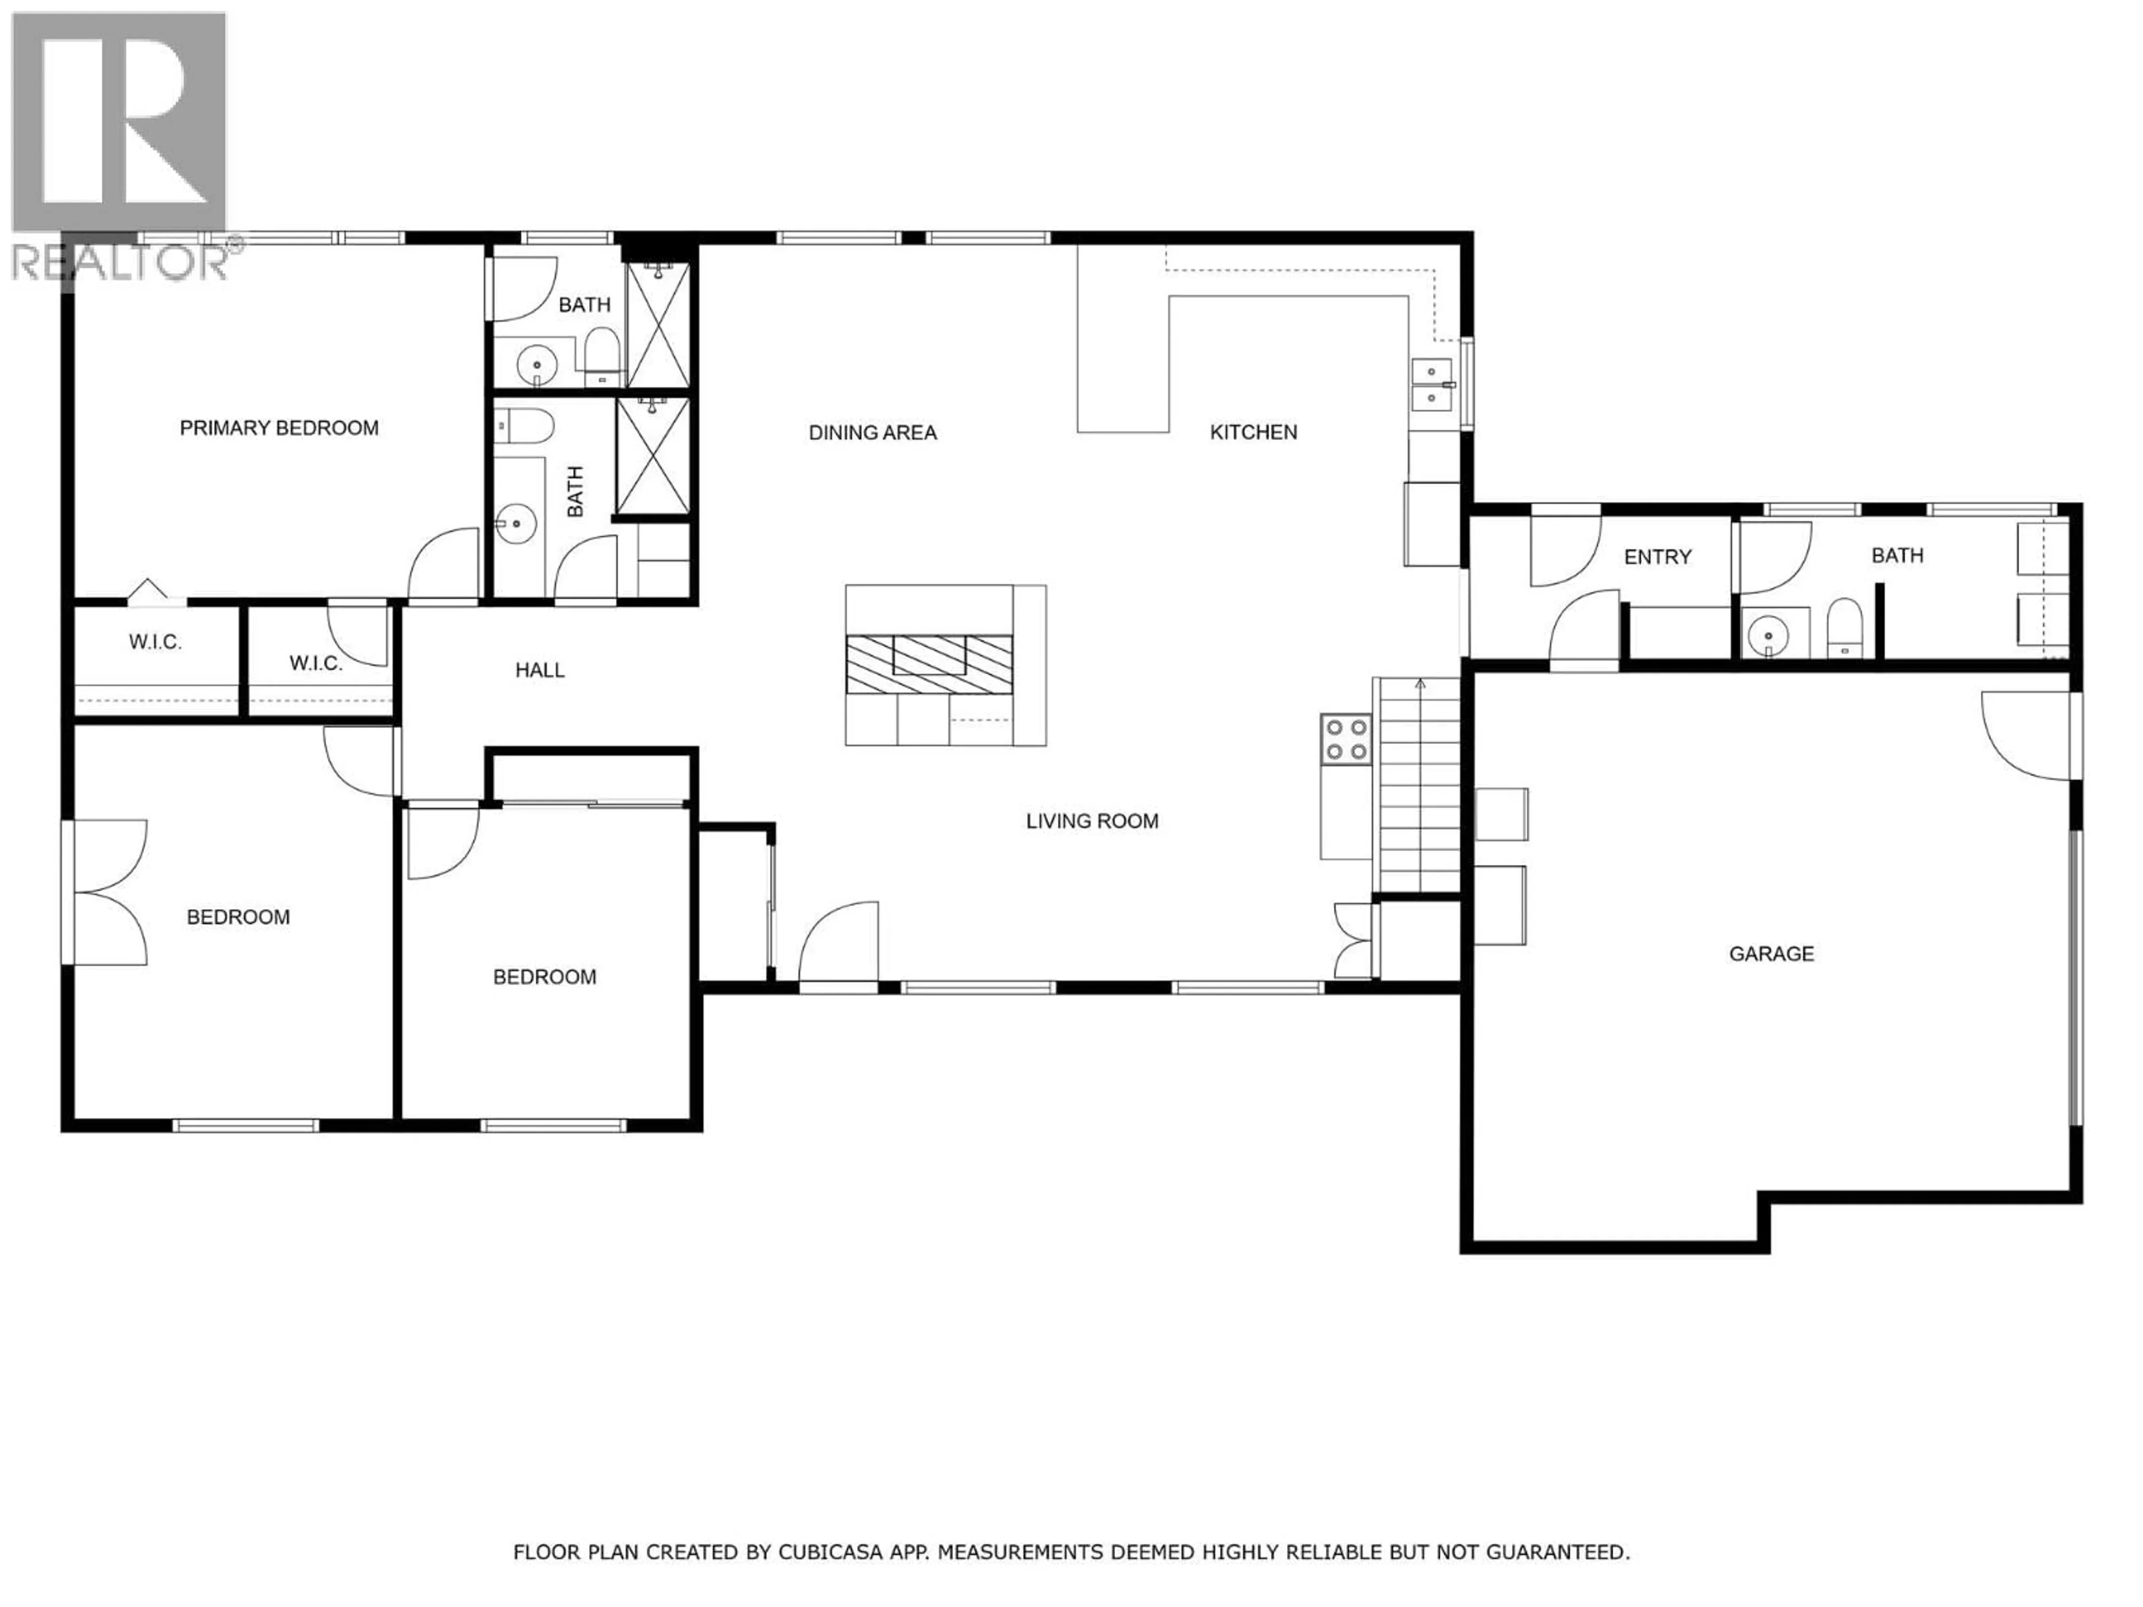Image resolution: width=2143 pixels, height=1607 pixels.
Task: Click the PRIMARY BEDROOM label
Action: [x=279, y=428]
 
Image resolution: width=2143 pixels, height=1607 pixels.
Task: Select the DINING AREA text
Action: [x=872, y=433]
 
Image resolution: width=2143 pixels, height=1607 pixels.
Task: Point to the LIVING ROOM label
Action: [x=1092, y=821]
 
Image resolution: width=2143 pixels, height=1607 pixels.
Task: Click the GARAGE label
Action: [x=1771, y=954]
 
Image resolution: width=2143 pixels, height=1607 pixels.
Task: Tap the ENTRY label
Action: [x=1657, y=557]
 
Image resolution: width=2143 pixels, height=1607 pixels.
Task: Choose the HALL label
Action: [x=540, y=670]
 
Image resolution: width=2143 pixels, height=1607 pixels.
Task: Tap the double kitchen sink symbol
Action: [x=1431, y=384]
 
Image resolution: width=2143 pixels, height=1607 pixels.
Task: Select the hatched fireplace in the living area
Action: [x=929, y=665]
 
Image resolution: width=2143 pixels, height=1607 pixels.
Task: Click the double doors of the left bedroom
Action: [x=108, y=892]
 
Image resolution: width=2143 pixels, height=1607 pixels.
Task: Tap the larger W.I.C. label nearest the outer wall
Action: [x=155, y=642]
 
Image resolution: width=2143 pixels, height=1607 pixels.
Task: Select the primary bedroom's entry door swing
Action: [x=445, y=565]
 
